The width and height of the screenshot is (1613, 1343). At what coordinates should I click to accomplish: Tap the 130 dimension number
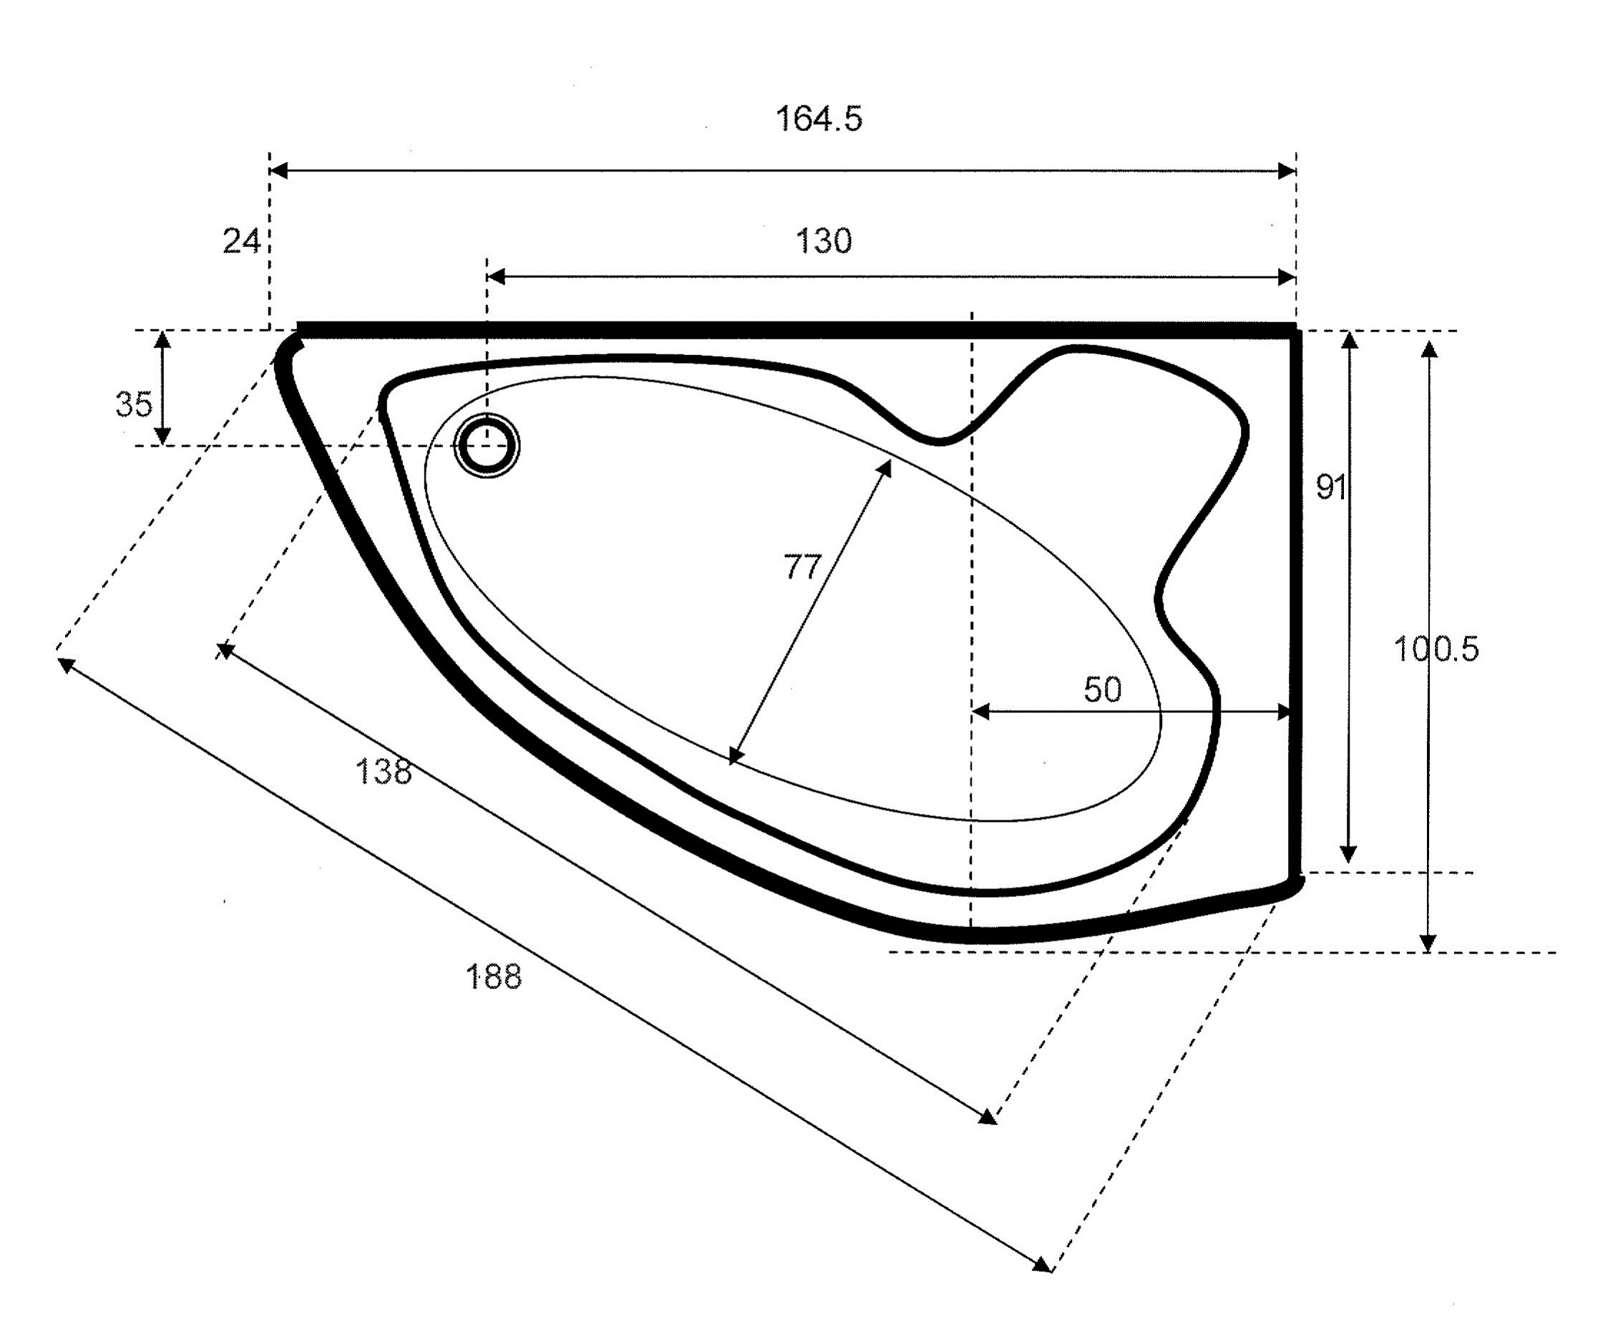[x=824, y=241]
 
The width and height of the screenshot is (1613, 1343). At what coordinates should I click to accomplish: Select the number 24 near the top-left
[x=241, y=241]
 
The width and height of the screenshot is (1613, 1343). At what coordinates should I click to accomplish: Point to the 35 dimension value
[x=134, y=404]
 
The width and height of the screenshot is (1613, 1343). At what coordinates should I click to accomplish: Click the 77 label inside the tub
[x=803, y=567]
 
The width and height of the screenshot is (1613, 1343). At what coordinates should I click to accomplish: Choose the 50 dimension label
[x=1102, y=689]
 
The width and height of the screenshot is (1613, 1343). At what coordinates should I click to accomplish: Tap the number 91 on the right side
[x=1331, y=486]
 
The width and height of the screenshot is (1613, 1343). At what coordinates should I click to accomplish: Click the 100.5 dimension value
[x=1436, y=649]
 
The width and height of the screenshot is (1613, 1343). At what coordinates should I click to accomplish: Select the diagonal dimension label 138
[x=384, y=772]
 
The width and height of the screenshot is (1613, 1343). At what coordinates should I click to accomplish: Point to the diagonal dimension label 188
[x=493, y=976]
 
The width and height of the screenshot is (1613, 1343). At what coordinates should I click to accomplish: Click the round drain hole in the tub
[x=487, y=445]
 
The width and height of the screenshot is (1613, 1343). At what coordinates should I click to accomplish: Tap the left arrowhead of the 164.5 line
[x=279, y=170]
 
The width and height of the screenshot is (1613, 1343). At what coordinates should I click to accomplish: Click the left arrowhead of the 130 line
[x=496, y=276]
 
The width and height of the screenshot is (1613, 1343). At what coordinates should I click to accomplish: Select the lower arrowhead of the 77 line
[x=735, y=756]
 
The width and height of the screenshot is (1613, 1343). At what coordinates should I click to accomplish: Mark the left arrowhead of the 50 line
[x=981, y=712]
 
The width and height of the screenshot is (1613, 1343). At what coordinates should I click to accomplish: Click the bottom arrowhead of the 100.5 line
[x=1428, y=943]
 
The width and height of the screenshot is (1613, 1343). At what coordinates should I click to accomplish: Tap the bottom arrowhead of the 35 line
[x=163, y=437]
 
